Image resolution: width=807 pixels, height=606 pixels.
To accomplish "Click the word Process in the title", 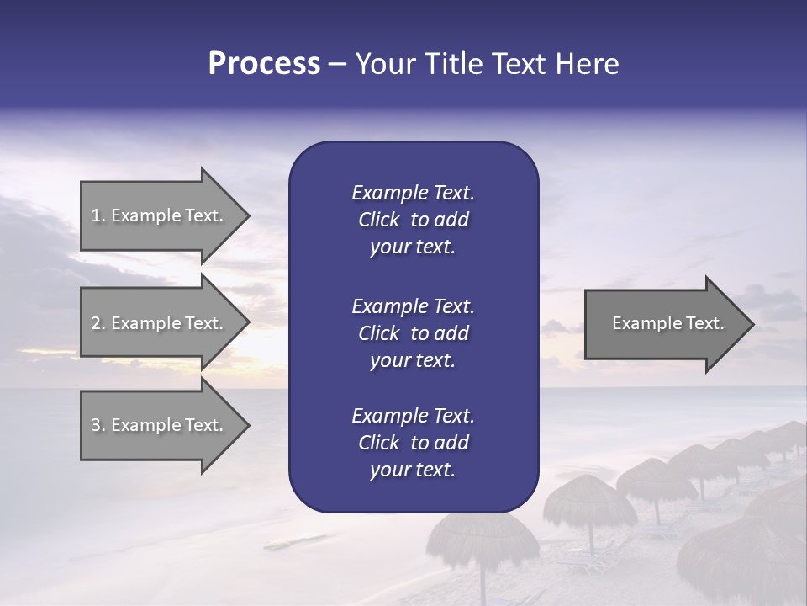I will point(264,64).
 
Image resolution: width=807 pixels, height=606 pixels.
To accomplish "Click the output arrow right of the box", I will point(664,323).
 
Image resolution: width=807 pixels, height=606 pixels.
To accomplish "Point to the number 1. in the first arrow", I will point(98,215).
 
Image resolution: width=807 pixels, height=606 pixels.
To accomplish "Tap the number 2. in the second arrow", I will point(98,323).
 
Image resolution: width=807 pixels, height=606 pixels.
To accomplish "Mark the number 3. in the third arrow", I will point(98,425).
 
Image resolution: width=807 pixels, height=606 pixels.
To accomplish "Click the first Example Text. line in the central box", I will point(413,193).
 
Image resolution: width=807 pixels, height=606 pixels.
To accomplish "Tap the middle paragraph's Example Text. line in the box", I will point(413,306).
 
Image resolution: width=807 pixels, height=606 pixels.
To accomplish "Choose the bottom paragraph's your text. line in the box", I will point(413,470).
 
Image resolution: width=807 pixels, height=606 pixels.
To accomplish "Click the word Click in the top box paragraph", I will point(378,220).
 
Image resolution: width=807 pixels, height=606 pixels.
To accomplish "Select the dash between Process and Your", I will point(337,64).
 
